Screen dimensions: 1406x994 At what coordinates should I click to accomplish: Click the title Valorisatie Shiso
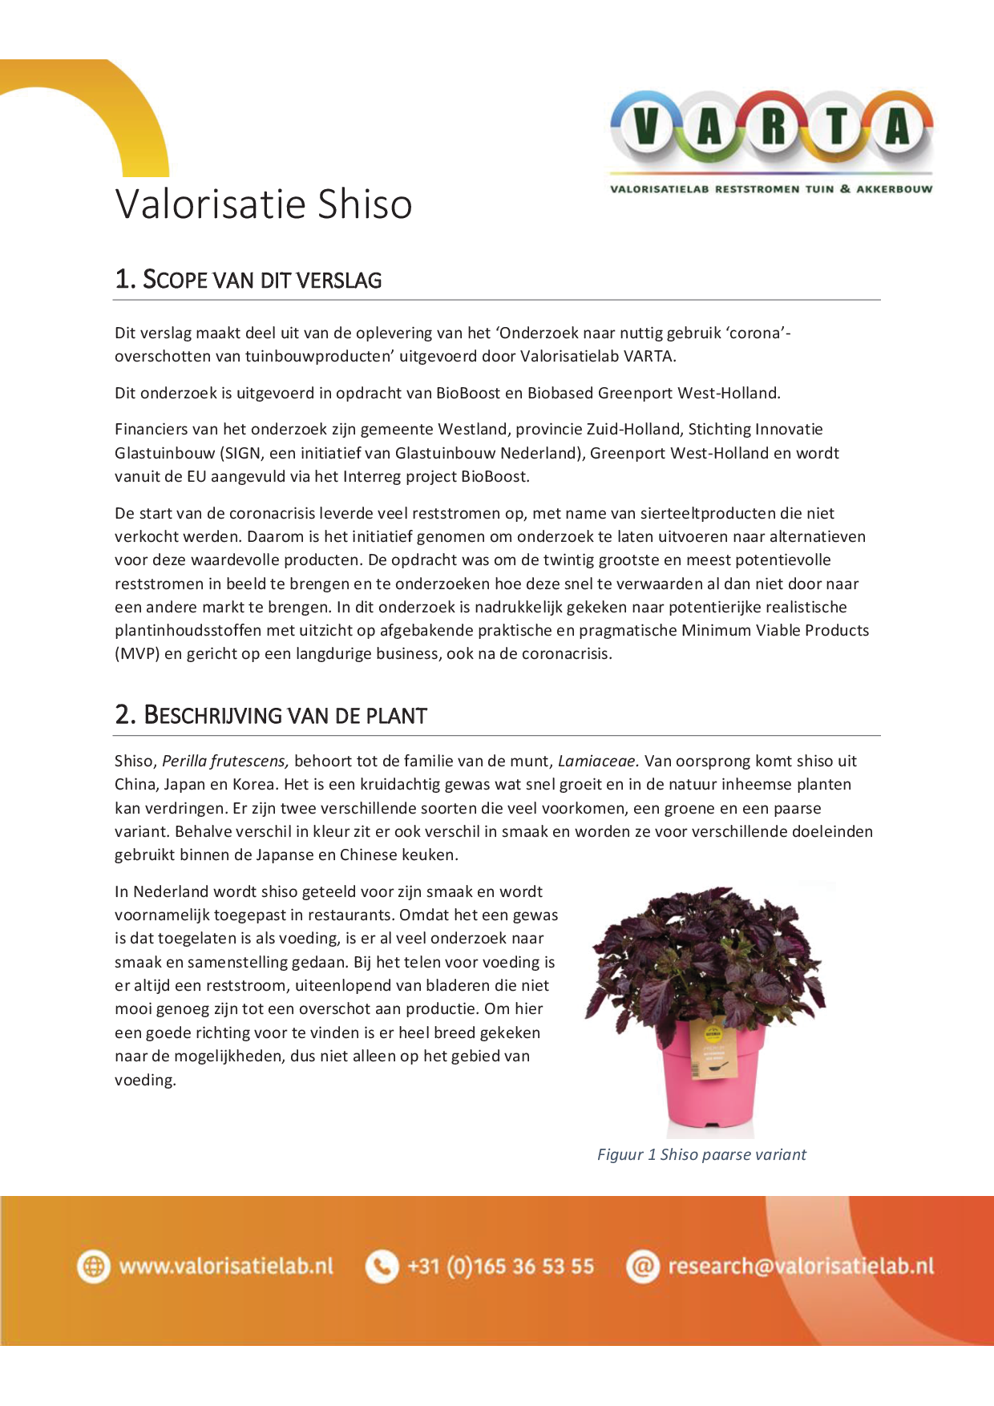264,204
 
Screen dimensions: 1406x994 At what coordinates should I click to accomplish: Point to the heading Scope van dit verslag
248,280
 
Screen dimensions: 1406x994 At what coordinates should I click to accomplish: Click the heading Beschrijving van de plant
271,715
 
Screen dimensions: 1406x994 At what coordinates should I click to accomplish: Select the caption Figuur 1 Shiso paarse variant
701,1154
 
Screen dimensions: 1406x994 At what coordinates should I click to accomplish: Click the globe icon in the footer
93,1267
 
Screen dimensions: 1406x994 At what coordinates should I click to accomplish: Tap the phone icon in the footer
382,1267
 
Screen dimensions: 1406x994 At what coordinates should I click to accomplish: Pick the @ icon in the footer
642,1267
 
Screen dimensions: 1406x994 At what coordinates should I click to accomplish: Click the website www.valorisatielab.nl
226,1267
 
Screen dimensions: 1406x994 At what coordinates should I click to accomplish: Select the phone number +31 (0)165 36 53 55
501,1267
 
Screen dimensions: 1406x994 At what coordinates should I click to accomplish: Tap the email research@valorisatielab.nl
801,1267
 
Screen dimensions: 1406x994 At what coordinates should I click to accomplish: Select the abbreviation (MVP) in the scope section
137,653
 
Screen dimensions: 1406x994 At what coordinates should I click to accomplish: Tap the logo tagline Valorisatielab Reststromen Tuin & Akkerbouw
771,189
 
